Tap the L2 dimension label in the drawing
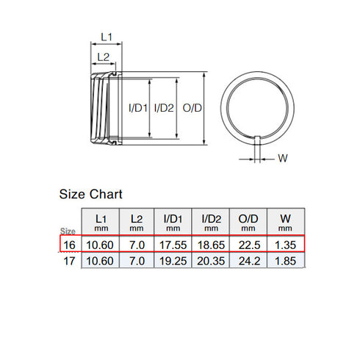103,57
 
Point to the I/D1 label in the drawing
138,107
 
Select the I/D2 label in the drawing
164,107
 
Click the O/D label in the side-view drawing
192,107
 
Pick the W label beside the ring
283,158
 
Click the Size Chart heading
90,195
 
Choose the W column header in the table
283,218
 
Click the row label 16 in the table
69,243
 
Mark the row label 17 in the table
69,260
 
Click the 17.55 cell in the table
173,243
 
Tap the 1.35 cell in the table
283,243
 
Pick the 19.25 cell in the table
173,260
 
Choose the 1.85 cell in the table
283,260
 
